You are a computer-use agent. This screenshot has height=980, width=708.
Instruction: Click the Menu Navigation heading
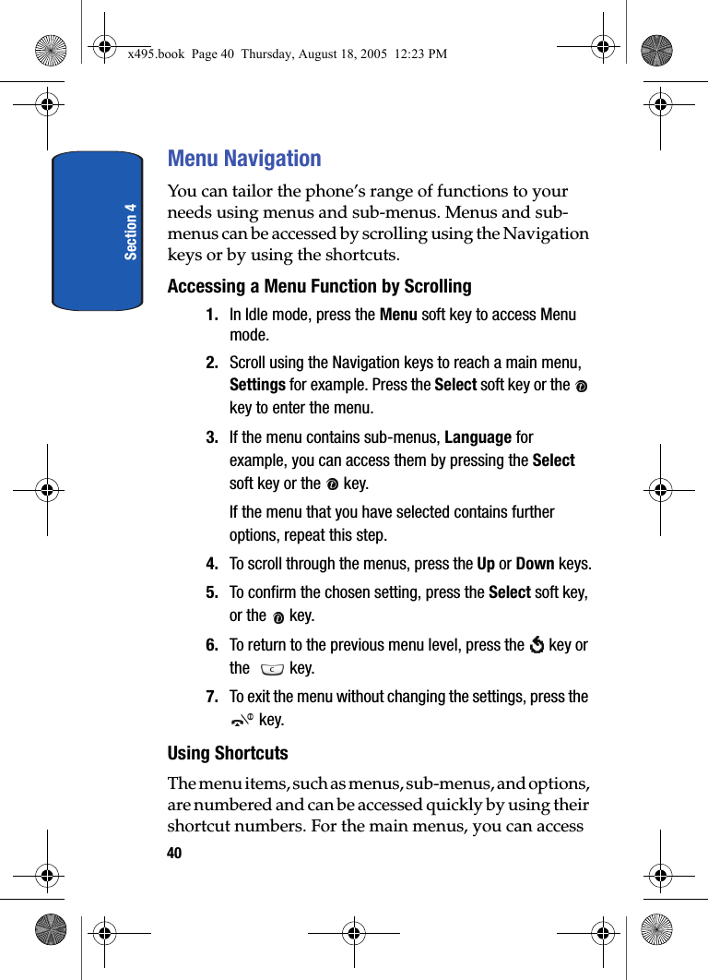(244, 159)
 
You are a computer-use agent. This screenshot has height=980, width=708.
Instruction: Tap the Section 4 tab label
(131, 232)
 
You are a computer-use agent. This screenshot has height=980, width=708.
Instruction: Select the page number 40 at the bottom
(174, 853)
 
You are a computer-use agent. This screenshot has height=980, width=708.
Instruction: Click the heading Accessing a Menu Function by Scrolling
(319, 286)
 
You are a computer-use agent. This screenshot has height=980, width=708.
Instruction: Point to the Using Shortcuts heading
(228, 753)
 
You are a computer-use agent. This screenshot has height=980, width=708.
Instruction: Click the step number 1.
(212, 315)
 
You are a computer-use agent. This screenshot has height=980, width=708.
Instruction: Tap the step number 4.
(212, 564)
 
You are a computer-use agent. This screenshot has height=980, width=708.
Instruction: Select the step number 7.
(212, 697)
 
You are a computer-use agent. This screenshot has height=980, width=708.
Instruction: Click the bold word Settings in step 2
(257, 385)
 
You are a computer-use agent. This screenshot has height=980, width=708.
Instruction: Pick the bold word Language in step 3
(478, 436)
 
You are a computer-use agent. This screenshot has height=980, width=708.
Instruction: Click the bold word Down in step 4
(535, 564)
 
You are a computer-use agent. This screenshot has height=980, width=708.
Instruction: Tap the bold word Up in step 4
(486, 564)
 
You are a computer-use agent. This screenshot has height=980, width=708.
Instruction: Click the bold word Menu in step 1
(398, 315)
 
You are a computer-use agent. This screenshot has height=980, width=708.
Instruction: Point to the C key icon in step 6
(272, 669)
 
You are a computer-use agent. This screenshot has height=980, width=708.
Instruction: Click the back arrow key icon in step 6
(537, 645)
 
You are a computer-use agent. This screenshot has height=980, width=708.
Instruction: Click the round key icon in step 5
(277, 616)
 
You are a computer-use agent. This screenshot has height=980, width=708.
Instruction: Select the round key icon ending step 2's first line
(581, 386)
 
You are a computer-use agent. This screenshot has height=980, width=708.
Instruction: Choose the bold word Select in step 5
(510, 592)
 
